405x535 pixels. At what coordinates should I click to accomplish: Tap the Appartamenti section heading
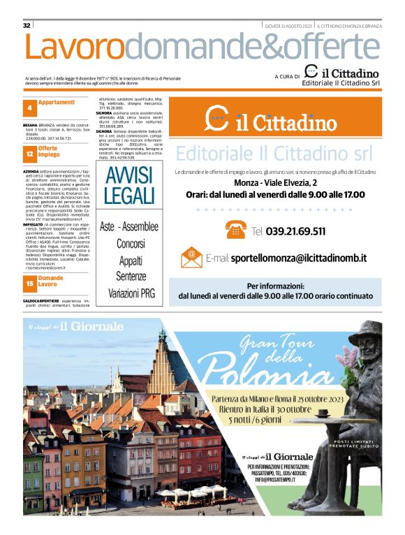tap(57, 103)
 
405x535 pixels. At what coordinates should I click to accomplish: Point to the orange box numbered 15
tap(30, 284)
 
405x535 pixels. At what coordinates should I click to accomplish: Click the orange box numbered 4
tap(30, 108)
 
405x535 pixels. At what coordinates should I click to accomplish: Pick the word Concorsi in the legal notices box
tap(130, 244)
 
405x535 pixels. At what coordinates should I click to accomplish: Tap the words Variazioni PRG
tap(130, 294)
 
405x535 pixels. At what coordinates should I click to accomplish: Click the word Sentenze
tap(130, 277)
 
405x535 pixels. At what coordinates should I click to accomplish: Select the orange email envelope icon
tap(189, 257)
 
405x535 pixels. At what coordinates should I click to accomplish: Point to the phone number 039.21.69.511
tap(295, 231)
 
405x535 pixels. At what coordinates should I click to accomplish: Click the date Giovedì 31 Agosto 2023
tap(288, 25)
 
